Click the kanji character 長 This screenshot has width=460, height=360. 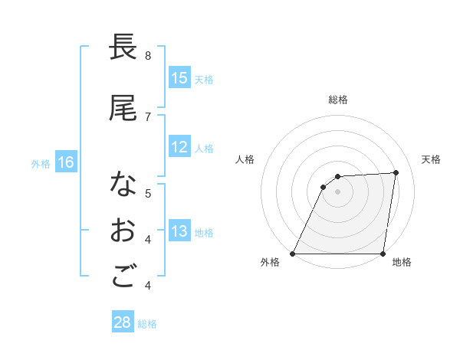(123, 47)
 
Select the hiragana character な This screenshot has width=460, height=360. (123, 185)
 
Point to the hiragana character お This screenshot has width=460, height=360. (123, 231)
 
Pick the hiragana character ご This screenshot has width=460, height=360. (123, 277)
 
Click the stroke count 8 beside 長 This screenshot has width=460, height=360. (148, 56)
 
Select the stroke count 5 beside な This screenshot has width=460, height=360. (148, 193)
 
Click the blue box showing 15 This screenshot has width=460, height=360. (179, 78)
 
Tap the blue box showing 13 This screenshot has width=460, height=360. (179, 231)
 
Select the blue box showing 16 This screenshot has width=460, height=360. (66, 162)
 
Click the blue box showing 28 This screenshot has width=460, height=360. (123, 322)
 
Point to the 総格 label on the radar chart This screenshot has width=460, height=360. (338, 100)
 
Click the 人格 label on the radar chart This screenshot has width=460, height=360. (245, 159)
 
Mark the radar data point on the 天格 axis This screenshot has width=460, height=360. (396, 172)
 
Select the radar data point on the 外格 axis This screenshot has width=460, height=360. (293, 253)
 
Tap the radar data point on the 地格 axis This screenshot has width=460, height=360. (383, 253)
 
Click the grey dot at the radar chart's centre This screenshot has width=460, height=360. (337, 191)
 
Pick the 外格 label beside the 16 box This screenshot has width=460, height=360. (41, 163)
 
